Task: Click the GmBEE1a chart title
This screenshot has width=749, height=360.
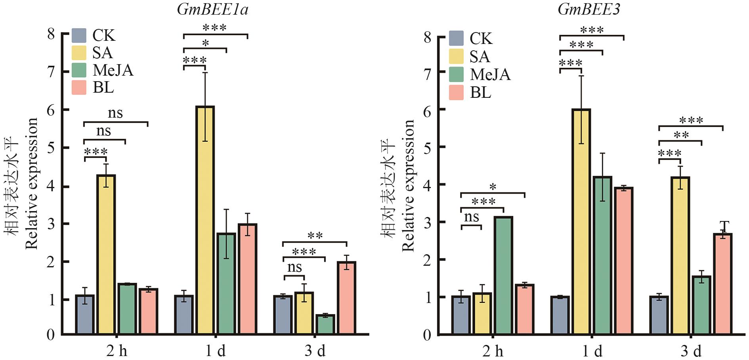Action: tap(212, 9)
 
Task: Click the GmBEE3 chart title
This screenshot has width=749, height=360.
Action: tap(589, 9)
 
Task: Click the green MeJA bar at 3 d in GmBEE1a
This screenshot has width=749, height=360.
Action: tap(325, 324)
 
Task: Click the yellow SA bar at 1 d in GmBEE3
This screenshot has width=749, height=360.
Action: tap(581, 222)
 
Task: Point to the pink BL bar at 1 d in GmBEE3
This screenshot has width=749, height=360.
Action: tap(623, 261)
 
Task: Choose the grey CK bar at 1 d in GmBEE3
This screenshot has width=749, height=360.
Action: tap(560, 316)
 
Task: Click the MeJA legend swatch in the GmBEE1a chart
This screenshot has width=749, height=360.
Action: tap(79, 70)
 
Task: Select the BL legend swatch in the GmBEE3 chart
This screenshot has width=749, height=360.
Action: tap(456, 92)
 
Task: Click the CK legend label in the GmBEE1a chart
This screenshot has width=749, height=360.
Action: tap(104, 36)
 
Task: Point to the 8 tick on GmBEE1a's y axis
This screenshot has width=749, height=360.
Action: tap(51, 34)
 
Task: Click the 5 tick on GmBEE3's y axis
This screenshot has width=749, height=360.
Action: tap(428, 147)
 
